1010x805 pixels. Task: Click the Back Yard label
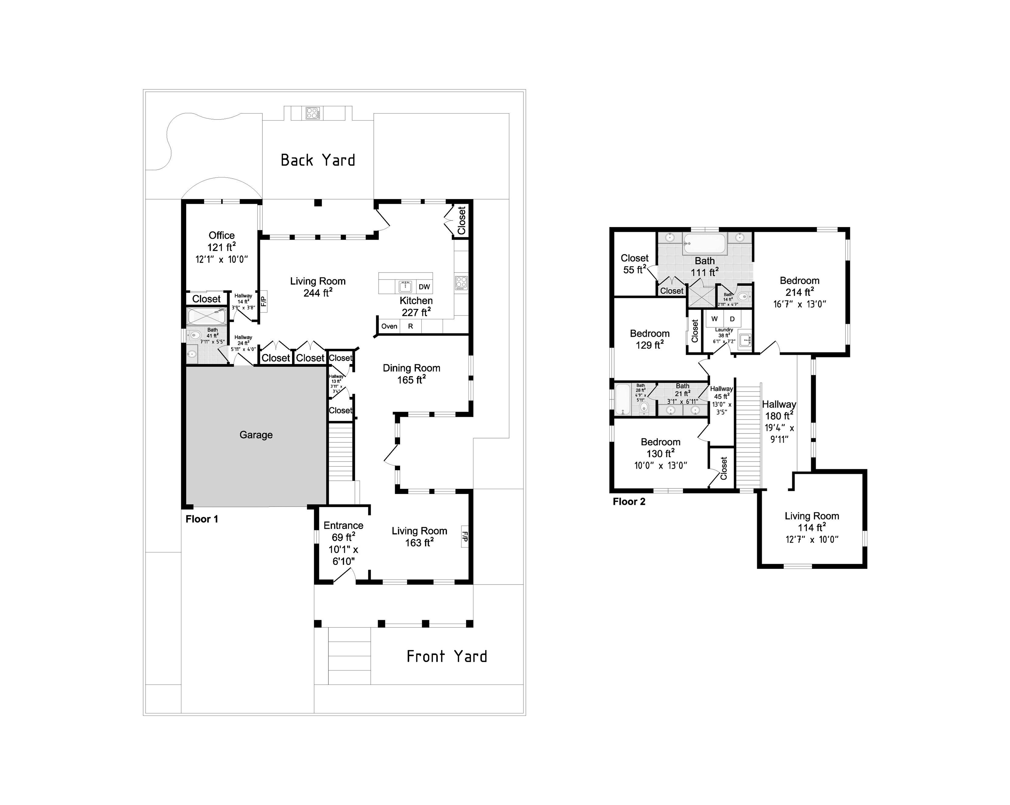[x=318, y=160]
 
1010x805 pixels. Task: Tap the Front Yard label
[x=446, y=657]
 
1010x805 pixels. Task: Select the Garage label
[x=256, y=435]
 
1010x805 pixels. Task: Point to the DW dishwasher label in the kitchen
[x=424, y=287]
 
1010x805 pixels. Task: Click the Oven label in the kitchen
[x=389, y=327]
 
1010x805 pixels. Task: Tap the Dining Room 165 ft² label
[x=411, y=374]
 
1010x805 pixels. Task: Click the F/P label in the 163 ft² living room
[x=465, y=537]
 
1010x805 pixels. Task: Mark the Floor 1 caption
[x=202, y=519]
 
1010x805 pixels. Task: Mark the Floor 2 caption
[x=629, y=502]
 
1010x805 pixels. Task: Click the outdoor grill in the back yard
[x=312, y=113]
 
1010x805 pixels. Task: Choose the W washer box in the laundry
[x=714, y=319]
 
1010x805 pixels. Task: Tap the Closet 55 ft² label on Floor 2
[x=634, y=264]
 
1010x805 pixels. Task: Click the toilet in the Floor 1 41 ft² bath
[x=195, y=335]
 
